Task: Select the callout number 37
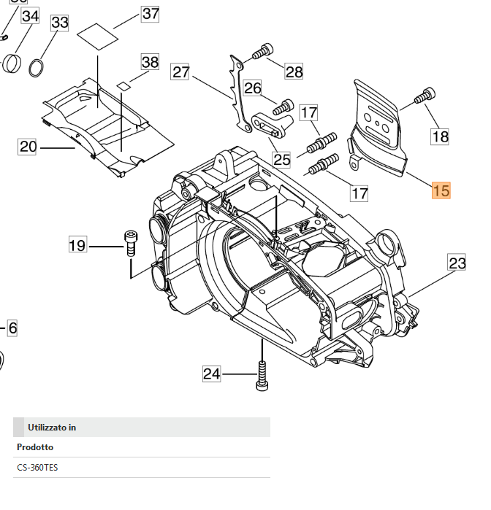click(x=150, y=13)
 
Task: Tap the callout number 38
click(x=149, y=62)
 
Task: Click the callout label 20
click(x=28, y=147)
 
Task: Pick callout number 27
click(x=180, y=72)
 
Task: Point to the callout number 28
click(x=294, y=71)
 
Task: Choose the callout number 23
click(x=457, y=263)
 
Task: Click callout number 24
click(x=212, y=374)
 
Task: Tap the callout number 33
click(x=59, y=23)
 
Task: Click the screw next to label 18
click(x=425, y=96)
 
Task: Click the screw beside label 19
click(x=131, y=242)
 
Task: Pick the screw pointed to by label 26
click(x=283, y=107)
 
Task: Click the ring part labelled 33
click(x=37, y=69)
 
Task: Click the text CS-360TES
click(x=37, y=467)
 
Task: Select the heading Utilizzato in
click(x=52, y=427)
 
